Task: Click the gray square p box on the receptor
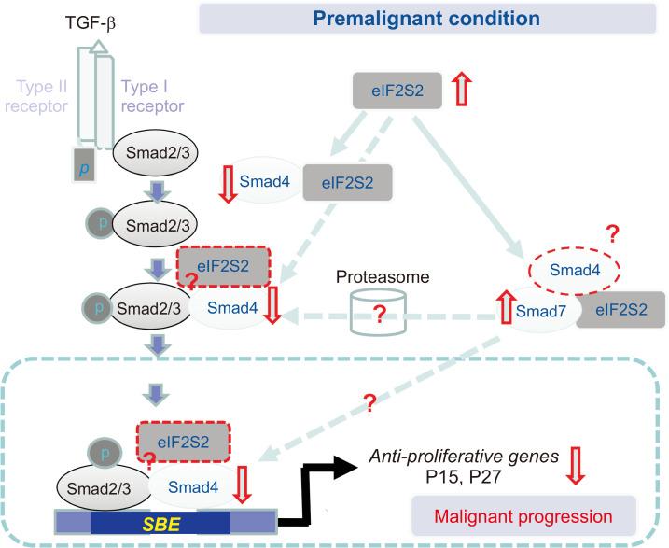(x=84, y=164)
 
